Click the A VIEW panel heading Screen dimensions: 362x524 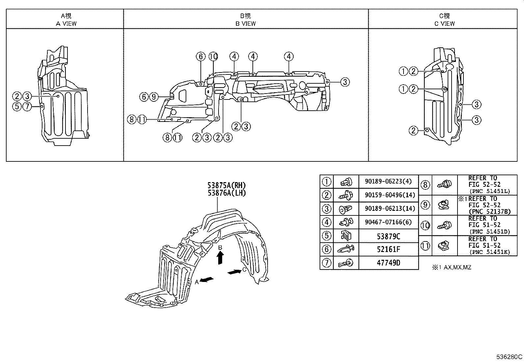(66, 23)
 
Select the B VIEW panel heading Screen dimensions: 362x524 (246, 23)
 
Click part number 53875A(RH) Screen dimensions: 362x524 (226, 185)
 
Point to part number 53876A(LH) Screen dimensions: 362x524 (226, 193)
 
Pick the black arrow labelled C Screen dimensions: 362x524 (234, 272)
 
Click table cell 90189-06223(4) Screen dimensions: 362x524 (388, 181)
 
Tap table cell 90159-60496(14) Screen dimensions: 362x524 (388, 195)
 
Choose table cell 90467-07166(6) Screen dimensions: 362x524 (388, 222)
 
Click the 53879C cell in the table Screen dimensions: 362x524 (388, 236)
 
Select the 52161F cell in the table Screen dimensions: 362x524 (388, 249)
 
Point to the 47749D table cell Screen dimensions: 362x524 (388, 263)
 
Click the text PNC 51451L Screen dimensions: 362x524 (490, 191)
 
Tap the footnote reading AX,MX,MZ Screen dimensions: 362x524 (458, 267)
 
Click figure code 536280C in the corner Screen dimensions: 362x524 (509, 357)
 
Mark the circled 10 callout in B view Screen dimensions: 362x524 (213, 57)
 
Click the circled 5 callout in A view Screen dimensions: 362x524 (17, 106)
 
